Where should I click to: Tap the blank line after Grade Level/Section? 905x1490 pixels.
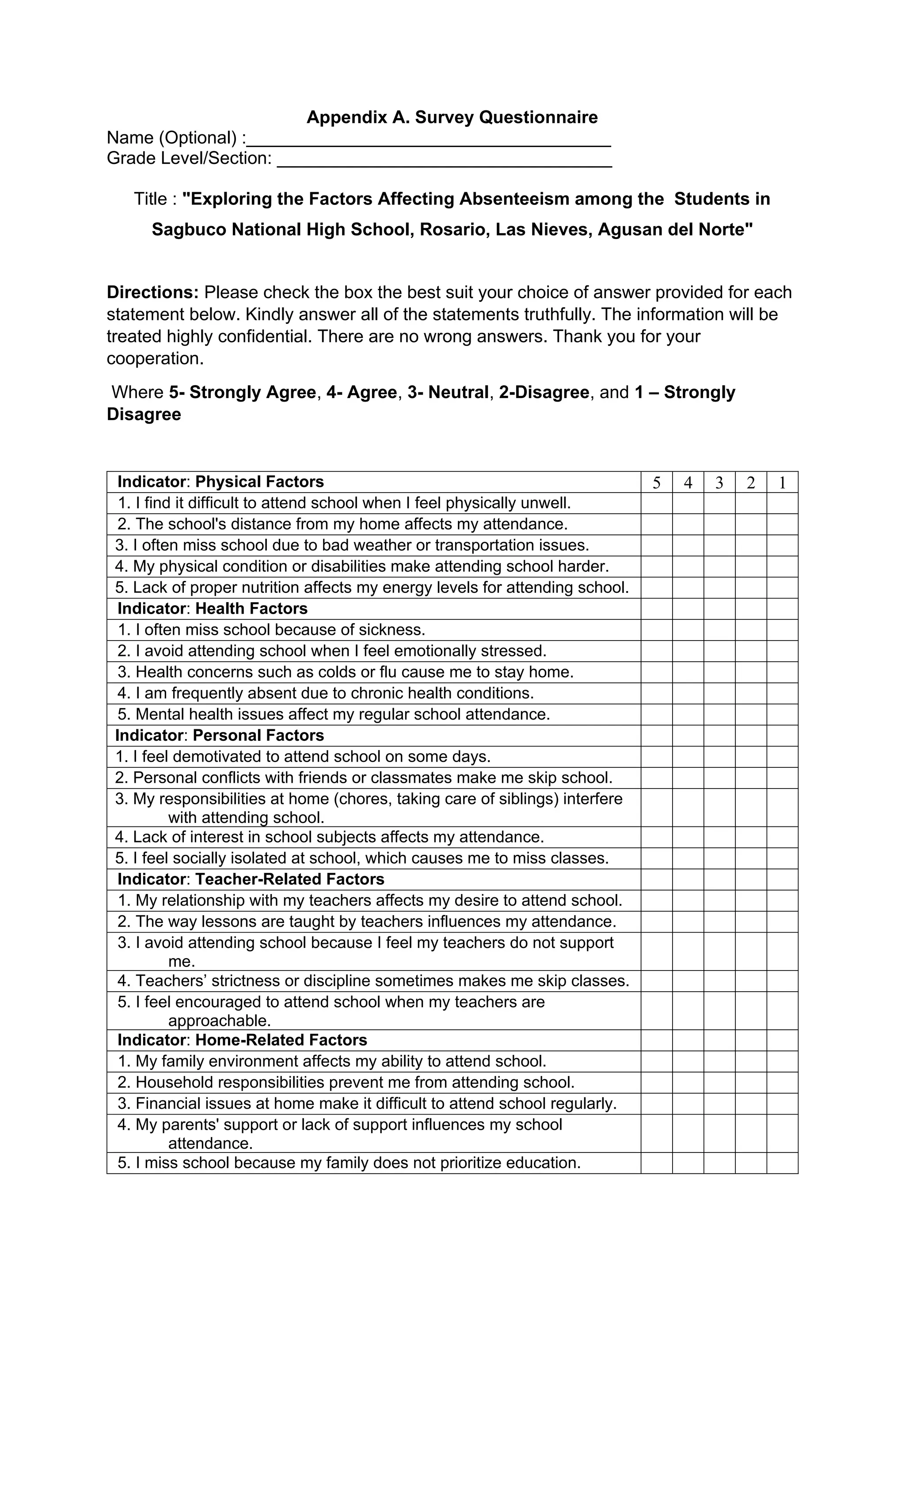pyautogui.click(x=444, y=160)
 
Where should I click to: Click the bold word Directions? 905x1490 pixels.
pyautogui.click(x=152, y=293)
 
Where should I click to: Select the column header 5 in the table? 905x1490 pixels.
pyautogui.click(x=656, y=482)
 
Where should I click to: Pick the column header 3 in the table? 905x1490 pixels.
pyautogui.click(x=719, y=482)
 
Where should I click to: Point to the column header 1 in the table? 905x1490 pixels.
pyautogui.click(x=782, y=482)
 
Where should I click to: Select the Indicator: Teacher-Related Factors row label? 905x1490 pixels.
pyautogui.click(x=251, y=879)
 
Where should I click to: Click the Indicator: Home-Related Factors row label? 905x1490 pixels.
pyautogui.click(x=242, y=1040)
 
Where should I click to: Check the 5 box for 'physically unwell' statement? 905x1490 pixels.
pyautogui.click(x=656, y=503)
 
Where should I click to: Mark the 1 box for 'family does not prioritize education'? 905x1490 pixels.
pyautogui.click(x=782, y=1163)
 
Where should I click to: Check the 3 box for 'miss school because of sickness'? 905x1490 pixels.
pyautogui.click(x=719, y=630)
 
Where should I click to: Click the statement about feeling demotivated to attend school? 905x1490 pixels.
pyautogui.click(x=302, y=757)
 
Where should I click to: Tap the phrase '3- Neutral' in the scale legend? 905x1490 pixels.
pyautogui.click(x=448, y=392)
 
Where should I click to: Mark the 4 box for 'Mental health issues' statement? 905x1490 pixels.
pyautogui.click(x=688, y=715)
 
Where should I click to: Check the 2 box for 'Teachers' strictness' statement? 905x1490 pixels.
pyautogui.click(x=751, y=981)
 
